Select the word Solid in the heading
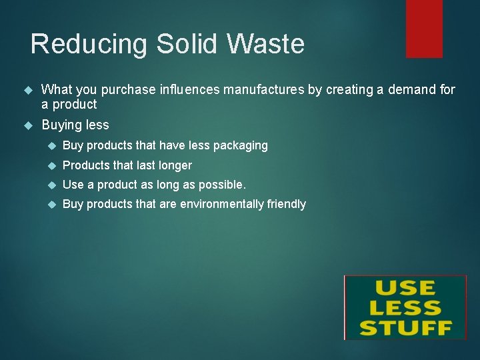click(x=188, y=45)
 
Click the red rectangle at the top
click(x=424, y=28)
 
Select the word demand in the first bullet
click(x=413, y=89)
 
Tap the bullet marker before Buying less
click(x=28, y=125)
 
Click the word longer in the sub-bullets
click(x=175, y=165)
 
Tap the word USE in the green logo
click(x=405, y=289)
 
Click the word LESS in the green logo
click(x=405, y=308)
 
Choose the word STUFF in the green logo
click(x=405, y=327)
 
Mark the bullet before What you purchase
click(x=28, y=90)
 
